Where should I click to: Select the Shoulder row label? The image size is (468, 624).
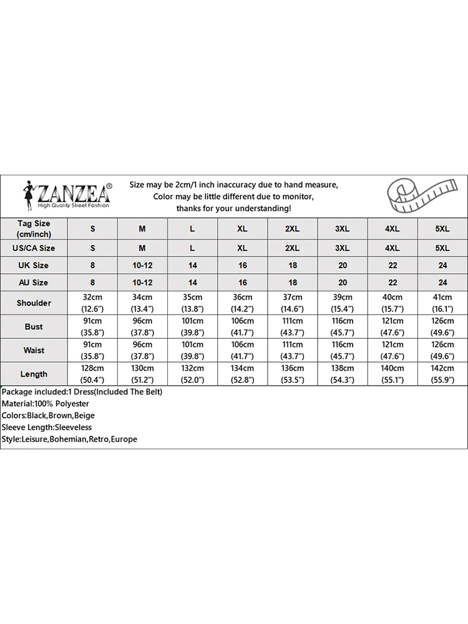34,303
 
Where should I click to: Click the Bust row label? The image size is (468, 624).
34,326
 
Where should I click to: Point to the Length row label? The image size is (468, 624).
34,374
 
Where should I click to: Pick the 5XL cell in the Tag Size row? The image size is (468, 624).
442,229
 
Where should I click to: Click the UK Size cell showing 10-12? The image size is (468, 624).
142,265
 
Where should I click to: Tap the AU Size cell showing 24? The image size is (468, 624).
442,282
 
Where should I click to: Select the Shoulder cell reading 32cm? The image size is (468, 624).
92,297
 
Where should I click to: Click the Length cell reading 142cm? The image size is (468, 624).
442,368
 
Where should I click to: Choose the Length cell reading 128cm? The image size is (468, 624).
92,368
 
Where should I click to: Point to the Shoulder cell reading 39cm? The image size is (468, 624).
342,297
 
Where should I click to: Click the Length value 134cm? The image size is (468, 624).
242,368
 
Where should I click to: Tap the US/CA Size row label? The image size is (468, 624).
34,248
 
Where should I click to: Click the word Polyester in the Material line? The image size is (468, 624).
72,404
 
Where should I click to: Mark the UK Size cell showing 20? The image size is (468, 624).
342,265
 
